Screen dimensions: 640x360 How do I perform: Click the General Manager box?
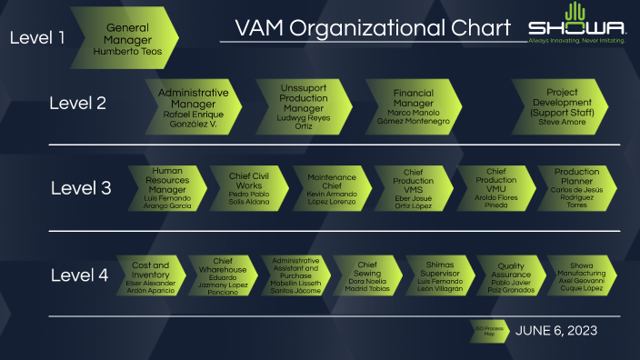127,39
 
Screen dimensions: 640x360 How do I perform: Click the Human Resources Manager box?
167,188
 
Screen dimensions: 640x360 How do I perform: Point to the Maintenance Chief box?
331,188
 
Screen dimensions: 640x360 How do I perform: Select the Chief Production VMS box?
414,188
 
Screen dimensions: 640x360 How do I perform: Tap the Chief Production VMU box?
495,188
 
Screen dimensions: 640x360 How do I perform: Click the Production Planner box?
576,188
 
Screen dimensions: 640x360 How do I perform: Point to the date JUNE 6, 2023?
555,331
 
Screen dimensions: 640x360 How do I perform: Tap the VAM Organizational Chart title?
372,28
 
